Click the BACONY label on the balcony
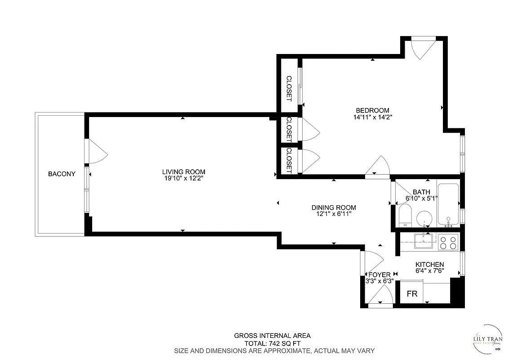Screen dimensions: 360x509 (62, 174)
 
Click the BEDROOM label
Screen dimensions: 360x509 (372, 110)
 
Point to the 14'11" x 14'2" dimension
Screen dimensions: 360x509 (372, 117)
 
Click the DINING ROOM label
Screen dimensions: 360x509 (334, 207)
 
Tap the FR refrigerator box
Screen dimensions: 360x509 (412, 294)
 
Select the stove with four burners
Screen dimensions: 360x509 (448, 243)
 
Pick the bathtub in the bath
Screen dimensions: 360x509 (448, 205)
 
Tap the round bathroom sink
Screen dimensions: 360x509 (424, 219)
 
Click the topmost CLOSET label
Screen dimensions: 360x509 (289, 88)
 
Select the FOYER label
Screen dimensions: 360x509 (380, 275)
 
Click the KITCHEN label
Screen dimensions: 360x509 (429, 265)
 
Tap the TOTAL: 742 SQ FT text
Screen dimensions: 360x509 (272, 343)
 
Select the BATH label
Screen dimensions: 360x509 (421, 192)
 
